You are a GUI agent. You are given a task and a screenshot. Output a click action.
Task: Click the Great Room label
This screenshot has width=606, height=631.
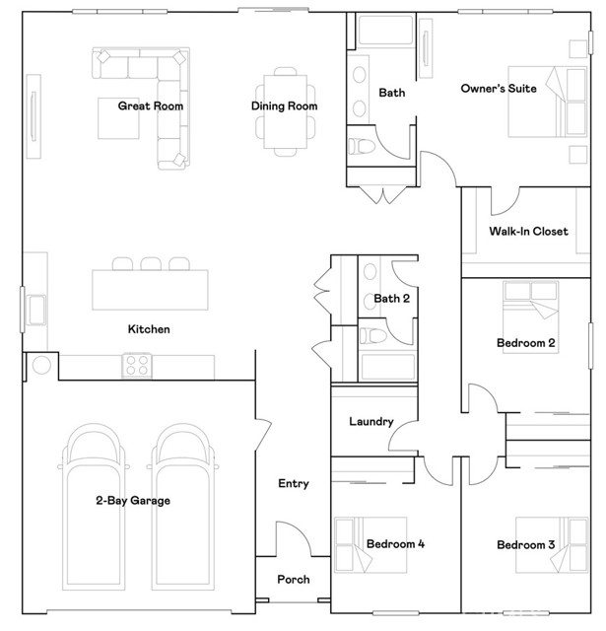[x=151, y=105]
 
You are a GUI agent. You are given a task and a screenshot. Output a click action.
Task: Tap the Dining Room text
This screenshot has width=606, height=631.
[x=284, y=105]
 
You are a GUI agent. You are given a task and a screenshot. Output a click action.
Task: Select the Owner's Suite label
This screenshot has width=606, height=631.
[x=499, y=89]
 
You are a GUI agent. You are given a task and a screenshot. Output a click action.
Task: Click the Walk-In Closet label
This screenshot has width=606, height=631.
[x=528, y=232]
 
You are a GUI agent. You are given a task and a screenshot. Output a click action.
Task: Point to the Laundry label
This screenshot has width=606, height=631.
[x=371, y=422]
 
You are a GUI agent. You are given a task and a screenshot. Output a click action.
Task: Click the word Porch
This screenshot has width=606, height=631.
[x=294, y=580]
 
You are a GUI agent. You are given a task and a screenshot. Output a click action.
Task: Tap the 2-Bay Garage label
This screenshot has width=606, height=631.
[x=134, y=501]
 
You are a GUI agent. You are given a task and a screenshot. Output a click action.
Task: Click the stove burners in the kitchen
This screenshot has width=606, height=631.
[x=136, y=366]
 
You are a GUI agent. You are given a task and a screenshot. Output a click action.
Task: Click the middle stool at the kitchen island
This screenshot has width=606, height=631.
[x=150, y=264]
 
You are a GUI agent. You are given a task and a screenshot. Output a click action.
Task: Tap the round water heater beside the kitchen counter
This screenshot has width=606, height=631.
[x=41, y=366]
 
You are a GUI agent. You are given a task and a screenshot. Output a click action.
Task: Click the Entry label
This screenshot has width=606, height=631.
[x=294, y=483]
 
